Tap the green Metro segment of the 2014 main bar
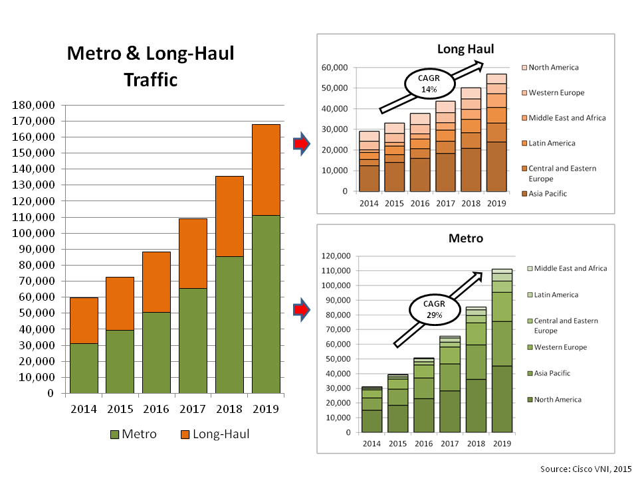(x=84, y=368)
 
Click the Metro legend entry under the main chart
(x=133, y=434)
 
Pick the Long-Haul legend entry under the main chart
(x=215, y=434)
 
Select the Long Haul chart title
(x=465, y=48)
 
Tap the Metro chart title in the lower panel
(x=465, y=237)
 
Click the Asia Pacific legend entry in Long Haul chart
(x=549, y=193)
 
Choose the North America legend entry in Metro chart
(x=557, y=400)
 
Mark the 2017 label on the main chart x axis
(x=192, y=409)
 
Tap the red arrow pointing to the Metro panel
(x=301, y=309)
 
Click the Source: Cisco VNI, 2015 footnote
(x=585, y=469)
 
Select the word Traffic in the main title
(x=151, y=80)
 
